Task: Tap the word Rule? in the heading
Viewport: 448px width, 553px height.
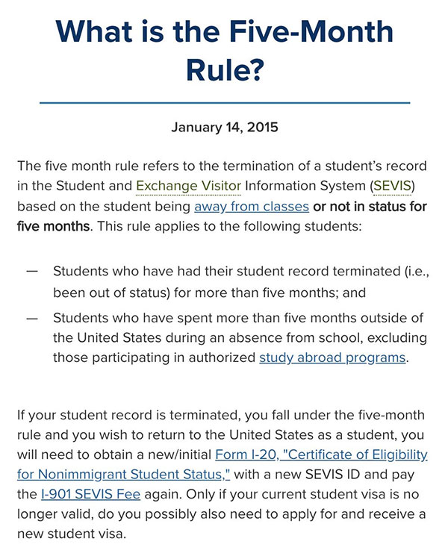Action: (224, 70)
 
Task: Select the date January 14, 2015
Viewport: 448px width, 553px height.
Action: (224, 127)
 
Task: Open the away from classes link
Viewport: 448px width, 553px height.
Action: (252, 206)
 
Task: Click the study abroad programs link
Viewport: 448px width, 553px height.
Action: (332, 357)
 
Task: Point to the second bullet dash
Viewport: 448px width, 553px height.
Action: (32, 318)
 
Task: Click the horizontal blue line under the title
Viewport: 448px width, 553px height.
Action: (224, 102)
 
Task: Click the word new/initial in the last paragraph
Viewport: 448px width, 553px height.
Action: (175, 454)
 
